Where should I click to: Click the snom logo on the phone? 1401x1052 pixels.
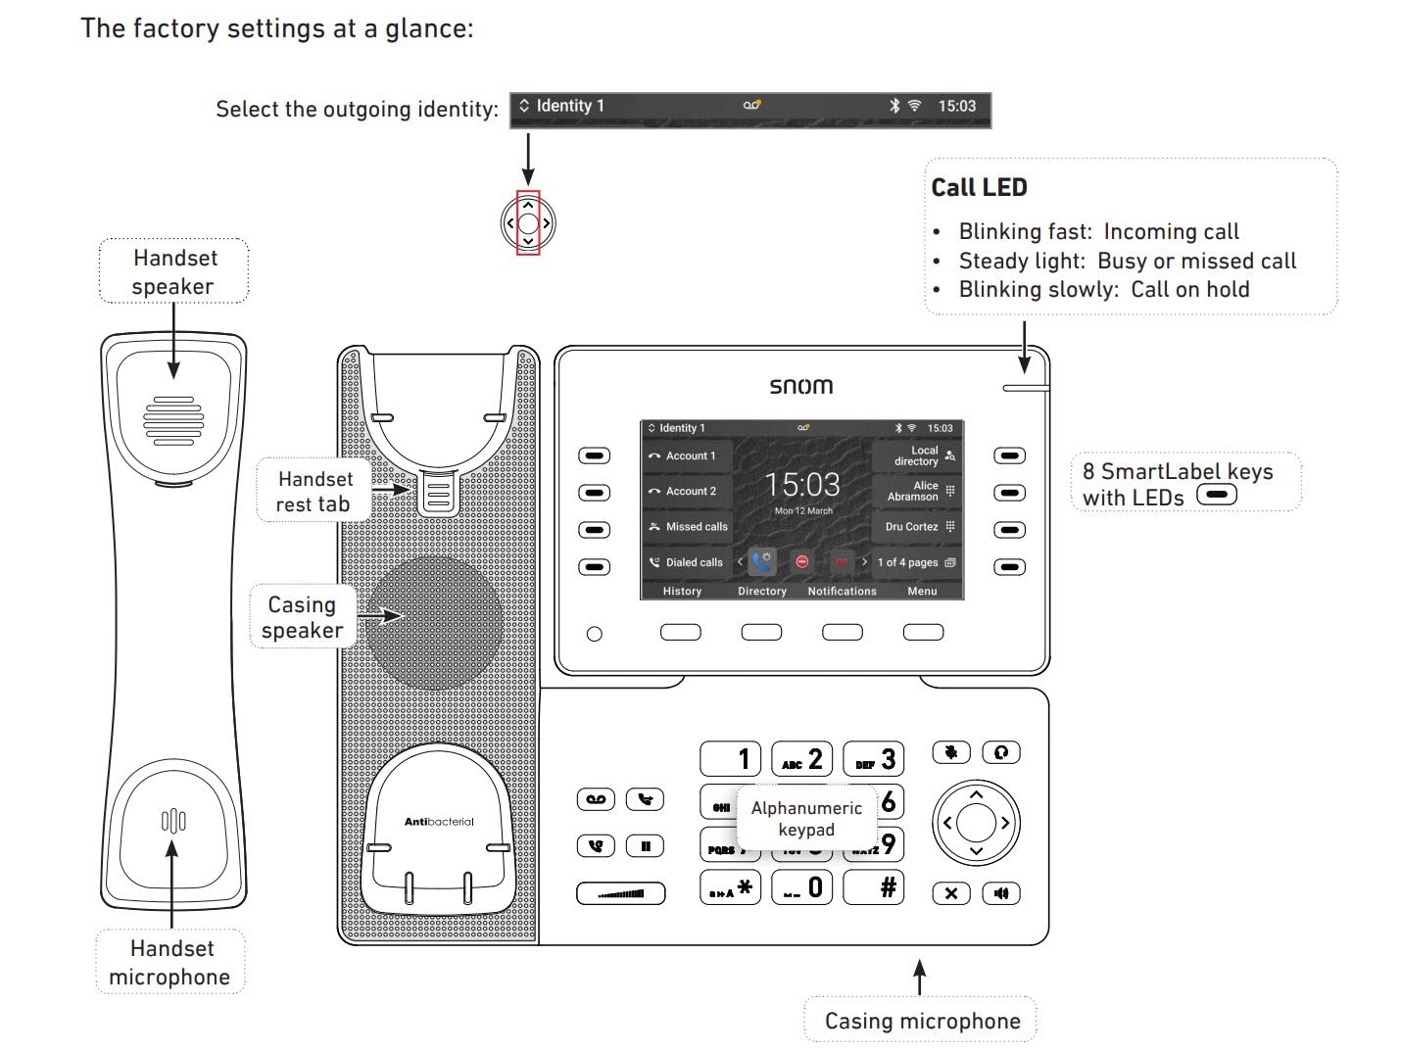800,386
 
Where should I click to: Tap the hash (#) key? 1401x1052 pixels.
874,887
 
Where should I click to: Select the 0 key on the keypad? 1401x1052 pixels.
802,887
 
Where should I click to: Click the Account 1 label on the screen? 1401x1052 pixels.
691,456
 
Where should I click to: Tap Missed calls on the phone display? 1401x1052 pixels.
696,527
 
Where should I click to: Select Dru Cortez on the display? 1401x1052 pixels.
912,527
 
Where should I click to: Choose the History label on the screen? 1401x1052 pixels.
682,592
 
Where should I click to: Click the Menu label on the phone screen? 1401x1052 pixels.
922,592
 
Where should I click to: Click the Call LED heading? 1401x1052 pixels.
979,188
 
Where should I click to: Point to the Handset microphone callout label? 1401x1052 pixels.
170,962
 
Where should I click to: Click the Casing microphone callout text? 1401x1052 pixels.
922,1021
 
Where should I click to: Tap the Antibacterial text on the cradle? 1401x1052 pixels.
439,822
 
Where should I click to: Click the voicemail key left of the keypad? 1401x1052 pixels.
596,799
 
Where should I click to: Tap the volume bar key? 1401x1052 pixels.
621,893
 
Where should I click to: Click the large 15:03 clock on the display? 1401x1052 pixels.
802,485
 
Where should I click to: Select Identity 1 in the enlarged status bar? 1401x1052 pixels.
569,106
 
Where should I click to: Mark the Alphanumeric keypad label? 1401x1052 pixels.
806,819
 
